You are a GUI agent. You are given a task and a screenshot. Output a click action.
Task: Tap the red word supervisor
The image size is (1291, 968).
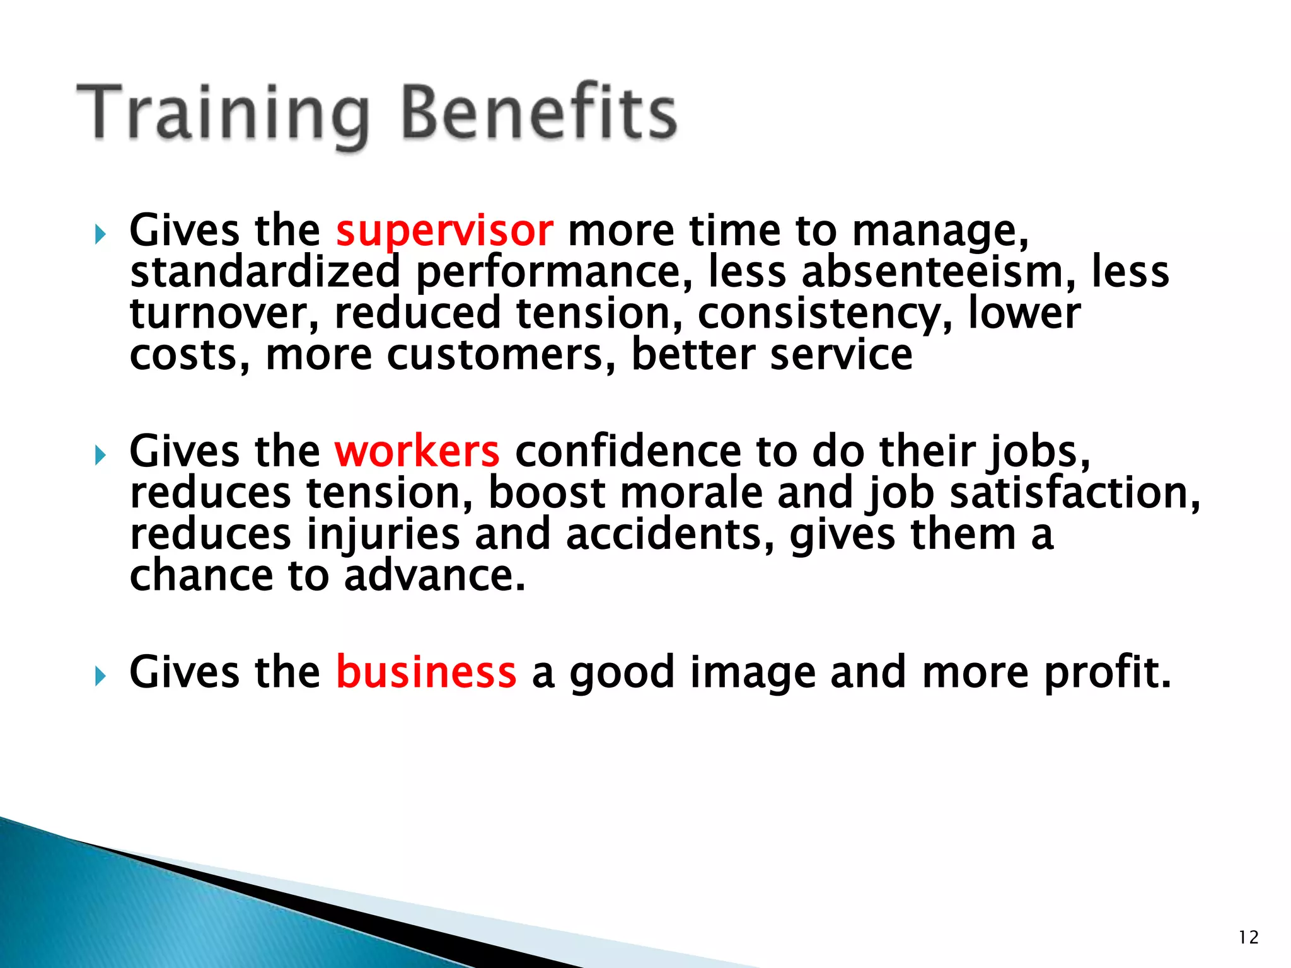coord(444,231)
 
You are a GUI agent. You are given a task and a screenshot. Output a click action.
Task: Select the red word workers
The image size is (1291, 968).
coord(417,452)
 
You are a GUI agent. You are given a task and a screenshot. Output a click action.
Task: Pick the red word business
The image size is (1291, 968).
coord(426,672)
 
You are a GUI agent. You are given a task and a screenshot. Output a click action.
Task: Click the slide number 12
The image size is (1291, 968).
coord(1248,938)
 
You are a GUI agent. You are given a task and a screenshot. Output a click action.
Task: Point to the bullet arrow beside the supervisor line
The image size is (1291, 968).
coord(100,235)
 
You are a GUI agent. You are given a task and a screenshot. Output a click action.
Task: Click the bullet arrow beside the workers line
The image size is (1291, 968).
coord(100,455)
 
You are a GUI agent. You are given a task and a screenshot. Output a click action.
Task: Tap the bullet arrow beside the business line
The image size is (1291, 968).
coord(100,676)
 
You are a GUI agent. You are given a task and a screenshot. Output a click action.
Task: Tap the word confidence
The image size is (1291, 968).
coord(627,452)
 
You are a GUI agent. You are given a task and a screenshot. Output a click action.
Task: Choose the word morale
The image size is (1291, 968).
coord(691,493)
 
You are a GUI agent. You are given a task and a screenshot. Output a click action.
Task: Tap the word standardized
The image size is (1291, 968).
coord(265,272)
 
